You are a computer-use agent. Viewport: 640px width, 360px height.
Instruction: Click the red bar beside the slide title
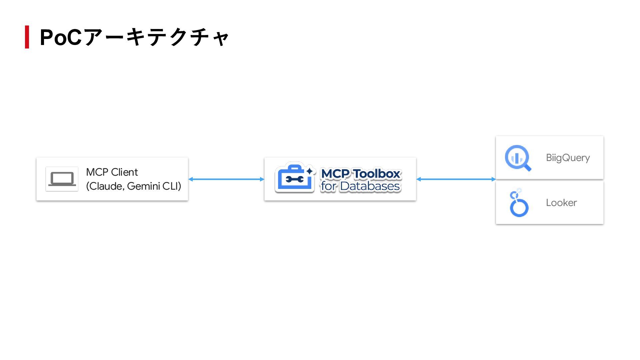click(x=27, y=37)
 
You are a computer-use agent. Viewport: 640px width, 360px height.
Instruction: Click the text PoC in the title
click(x=60, y=37)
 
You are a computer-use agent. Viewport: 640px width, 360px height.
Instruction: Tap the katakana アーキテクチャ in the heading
click(x=156, y=37)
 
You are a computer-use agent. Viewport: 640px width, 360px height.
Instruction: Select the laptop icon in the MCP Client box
click(x=62, y=179)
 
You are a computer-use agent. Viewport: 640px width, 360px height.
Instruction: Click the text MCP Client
click(x=112, y=172)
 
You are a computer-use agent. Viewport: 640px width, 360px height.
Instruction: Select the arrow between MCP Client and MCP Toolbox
click(x=226, y=179)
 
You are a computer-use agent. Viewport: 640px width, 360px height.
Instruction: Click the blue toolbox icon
click(x=294, y=178)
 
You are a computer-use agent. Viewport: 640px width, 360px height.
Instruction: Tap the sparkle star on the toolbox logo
click(x=310, y=171)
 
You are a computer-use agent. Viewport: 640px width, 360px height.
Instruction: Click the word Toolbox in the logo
click(x=376, y=174)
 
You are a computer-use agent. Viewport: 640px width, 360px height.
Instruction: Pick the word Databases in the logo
click(x=370, y=186)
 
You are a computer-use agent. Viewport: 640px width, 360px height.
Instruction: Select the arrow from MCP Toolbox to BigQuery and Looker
click(x=456, y=179)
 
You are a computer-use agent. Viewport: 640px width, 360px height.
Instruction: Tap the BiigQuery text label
click(x=568, y=158)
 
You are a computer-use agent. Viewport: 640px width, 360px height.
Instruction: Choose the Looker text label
click(x=561, y=203)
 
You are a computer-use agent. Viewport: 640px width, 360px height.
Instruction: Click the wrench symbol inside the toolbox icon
click(x=294, y=180)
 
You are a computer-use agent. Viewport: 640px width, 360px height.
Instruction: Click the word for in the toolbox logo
click(x=328, y=186)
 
